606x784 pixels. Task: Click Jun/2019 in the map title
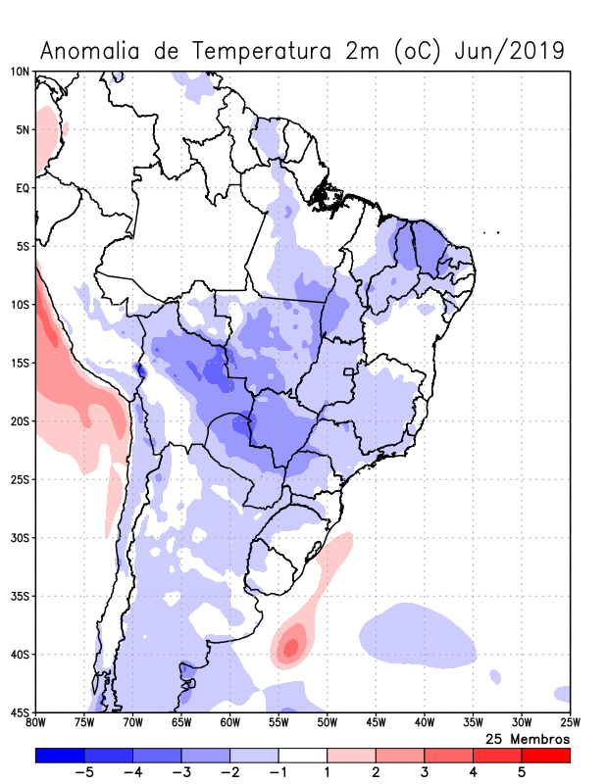(509, 51)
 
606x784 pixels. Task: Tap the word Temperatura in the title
(260, 51)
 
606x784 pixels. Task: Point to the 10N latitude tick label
(19, 72)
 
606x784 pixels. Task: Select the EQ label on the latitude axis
(22, 188)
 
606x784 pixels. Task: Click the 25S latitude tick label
(19, 479)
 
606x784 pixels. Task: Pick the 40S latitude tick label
(19, 655)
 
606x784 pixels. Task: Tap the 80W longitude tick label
(36, 723)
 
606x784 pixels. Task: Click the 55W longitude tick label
(278, 723)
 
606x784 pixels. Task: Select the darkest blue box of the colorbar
(60, 756)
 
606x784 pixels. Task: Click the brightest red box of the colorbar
(545, 756)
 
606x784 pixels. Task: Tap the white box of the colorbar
(302, 756)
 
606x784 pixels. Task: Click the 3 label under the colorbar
(425, 773)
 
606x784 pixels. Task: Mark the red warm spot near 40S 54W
(289, 646)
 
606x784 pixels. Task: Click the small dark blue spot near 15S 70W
(138, 369)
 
